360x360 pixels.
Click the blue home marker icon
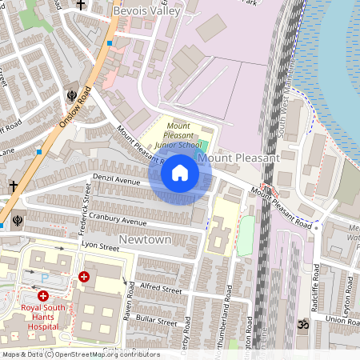(x=180, y=173)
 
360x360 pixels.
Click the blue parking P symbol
(x=45, y=278)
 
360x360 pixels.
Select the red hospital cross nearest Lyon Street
(x=83, y=277)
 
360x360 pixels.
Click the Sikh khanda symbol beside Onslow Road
(x=72, y=95)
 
